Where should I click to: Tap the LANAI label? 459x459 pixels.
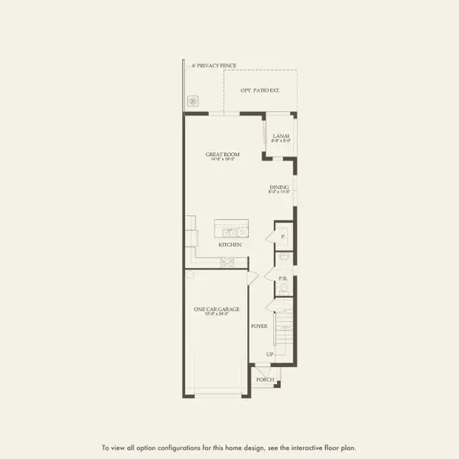[x=281, y=136]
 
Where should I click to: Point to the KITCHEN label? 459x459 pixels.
[x=229, y=245]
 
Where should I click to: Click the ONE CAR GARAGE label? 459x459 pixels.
[x=216, y=309]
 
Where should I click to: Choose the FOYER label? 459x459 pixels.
[x=259, y=326]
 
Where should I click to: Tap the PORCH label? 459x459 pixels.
[x=265, y=379]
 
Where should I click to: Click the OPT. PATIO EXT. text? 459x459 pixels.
[x=260, y=91]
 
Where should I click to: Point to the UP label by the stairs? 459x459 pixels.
[x=269, y=354]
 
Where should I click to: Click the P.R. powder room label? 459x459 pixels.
[x=282, y=278]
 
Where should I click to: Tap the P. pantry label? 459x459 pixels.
[x=283, y=237]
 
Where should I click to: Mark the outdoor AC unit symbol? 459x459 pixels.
[x=194, y=100]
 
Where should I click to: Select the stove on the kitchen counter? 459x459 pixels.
[x=227, y=263]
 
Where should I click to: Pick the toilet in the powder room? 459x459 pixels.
[x=283, y=289]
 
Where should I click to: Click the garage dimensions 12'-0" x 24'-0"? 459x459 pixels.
[x=216, y=314]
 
